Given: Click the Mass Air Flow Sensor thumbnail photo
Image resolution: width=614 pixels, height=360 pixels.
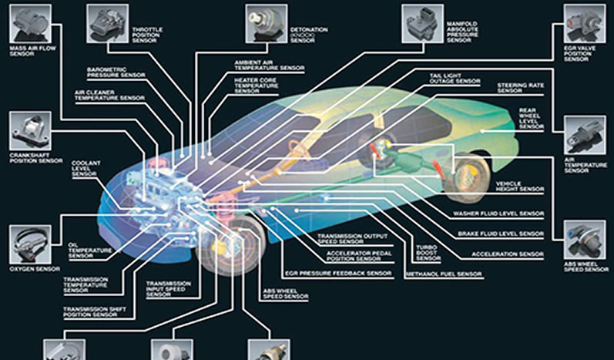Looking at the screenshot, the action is pyautogui.click(x=30, y=23).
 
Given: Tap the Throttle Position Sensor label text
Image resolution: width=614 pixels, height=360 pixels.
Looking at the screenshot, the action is pyautogui.click(x=147, y=35).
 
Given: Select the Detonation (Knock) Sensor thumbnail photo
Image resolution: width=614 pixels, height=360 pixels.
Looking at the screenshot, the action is pyautogui.click(x=267, y=23).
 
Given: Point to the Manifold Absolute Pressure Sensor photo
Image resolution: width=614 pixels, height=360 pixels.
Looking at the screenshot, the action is pyautogui.click(x=422, y=23).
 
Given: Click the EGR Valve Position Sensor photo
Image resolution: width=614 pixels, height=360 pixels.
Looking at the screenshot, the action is pyautogui.click(x=585, y=23).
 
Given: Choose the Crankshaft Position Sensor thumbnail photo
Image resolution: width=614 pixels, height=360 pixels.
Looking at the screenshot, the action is pyautogui.click(x=30, y=131).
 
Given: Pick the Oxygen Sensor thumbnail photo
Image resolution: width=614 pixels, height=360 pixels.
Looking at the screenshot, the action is pyautogui.click(x=30, y=244).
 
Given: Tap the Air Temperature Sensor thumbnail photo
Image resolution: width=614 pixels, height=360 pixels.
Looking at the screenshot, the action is pyautogui.click(x=585, y=135).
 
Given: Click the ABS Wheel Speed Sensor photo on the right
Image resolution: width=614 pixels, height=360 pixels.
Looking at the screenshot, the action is pyautogui.click(x=585, y=240).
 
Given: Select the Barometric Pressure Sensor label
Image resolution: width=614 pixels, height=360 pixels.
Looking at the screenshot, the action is pyautogui.click(x=116, y=72).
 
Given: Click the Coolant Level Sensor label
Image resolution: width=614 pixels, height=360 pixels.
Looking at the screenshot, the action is pyautogui.click(x=86, y=169).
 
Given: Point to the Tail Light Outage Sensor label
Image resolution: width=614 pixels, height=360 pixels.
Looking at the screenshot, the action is pyautogui.click(x=455, y=79).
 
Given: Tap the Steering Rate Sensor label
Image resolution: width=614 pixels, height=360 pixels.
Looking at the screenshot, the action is pyautogui.click(x=521, y=88).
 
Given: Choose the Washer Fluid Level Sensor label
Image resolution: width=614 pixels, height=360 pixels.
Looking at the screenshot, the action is pyautogui.click(x=498, y=214).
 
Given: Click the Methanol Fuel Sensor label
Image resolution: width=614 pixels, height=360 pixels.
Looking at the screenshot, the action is pyautogui.click(x=444, y=274).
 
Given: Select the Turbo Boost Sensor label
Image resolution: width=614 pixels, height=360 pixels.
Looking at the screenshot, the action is pyautogui.click(x=428, y=253).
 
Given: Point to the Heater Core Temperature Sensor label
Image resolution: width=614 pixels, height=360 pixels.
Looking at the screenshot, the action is pyautogui.click(x=256, y=86).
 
